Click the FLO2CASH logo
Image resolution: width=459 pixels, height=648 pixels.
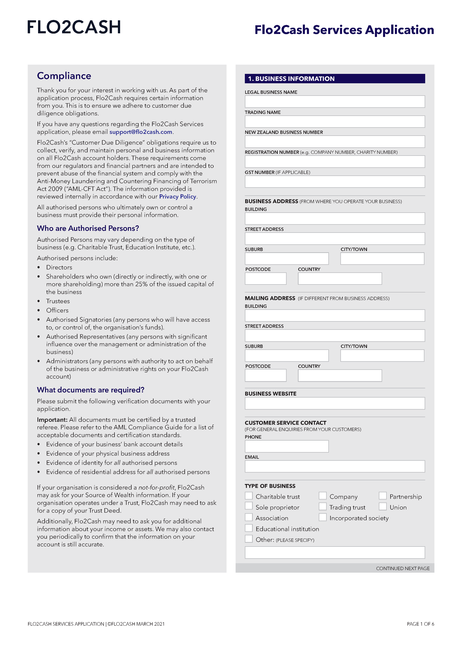74,27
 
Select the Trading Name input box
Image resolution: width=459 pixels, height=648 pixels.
335,122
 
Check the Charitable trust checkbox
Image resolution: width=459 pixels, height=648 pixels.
249,496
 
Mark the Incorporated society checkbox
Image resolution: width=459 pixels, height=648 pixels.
322,517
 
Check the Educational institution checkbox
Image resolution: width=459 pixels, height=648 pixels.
249,528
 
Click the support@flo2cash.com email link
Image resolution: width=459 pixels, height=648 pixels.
141,132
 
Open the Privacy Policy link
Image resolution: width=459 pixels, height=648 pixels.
178,197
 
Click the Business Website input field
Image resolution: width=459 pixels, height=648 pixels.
335,403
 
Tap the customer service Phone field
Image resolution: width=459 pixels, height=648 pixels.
287,446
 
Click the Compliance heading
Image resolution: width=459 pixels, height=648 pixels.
64,76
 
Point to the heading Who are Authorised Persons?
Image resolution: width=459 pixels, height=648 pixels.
88,228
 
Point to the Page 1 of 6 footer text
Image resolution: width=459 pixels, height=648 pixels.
420,624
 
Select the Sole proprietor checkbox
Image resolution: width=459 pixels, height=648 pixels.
249,507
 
